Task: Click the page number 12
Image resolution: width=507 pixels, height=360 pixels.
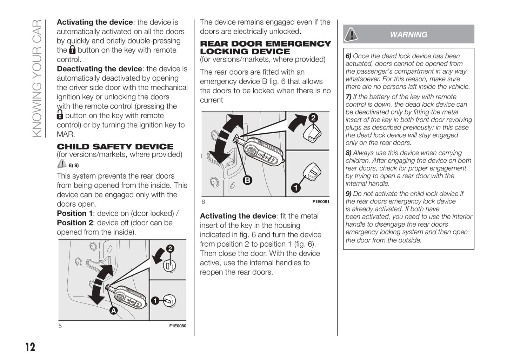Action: coord(30,347)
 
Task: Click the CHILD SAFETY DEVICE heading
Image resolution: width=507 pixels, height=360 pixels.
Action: coord(115,147)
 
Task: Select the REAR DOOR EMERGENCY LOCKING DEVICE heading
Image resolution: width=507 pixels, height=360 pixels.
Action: coord(265,47)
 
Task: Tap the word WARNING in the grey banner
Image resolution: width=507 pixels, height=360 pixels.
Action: coord(408,35)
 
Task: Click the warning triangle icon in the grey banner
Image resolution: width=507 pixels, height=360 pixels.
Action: coord(351,34)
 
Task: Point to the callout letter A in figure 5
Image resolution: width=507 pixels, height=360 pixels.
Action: coord(113,311)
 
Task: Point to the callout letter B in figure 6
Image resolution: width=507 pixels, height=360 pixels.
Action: coord(247,180)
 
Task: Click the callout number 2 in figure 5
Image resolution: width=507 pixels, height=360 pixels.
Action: coord(170,249)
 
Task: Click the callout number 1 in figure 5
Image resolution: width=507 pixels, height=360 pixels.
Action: coord(155,301)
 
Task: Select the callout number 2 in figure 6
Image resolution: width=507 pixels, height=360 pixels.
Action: coord(313,118)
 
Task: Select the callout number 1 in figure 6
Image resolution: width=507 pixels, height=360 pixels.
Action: coord(296,188)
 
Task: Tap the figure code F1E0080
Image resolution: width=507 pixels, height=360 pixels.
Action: coord(178,326)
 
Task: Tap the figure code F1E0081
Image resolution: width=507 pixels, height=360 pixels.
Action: coord(321,202)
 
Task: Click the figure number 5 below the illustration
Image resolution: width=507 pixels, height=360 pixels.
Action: coord(60,326)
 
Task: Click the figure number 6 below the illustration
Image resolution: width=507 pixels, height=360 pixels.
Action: coord(203,202)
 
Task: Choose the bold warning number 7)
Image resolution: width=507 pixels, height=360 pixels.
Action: coord(348,97)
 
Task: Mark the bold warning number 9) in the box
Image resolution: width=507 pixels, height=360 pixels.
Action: coord(348,194)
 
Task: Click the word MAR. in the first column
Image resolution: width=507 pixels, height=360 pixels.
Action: coord(66,134)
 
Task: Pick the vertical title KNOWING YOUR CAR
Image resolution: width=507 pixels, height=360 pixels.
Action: coord(37,78)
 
